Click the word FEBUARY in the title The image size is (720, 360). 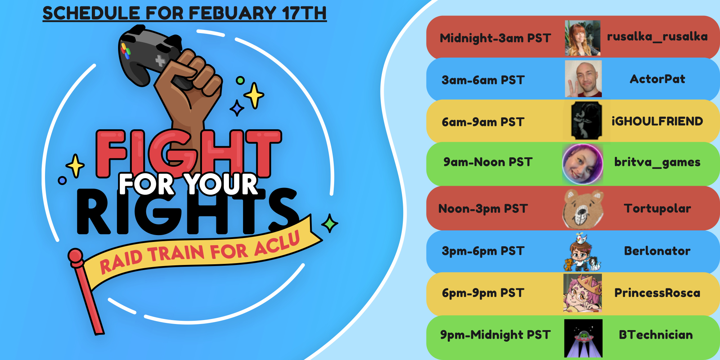click(233, 13)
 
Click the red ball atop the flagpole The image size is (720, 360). click(76, 256)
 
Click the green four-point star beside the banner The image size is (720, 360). click(329, 223)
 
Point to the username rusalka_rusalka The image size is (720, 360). click(657, 37)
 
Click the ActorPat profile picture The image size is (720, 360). click(583, 78)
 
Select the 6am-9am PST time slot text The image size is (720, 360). click(483, 122)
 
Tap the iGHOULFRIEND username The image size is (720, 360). click(657, 121)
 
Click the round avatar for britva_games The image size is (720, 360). click(582, 164)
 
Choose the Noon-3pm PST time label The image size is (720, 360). click(483, 209)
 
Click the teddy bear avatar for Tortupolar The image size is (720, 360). click(583, 209)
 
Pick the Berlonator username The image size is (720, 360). click(657, 251)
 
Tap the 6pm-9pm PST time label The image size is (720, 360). click(483, 293)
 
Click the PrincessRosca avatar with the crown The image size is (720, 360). click(582, 293)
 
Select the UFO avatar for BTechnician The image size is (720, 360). click(583, 338)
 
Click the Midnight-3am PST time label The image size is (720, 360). click(495, 38)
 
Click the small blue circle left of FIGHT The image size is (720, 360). click(62, 180)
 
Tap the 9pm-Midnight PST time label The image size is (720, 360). click(495, 335)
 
